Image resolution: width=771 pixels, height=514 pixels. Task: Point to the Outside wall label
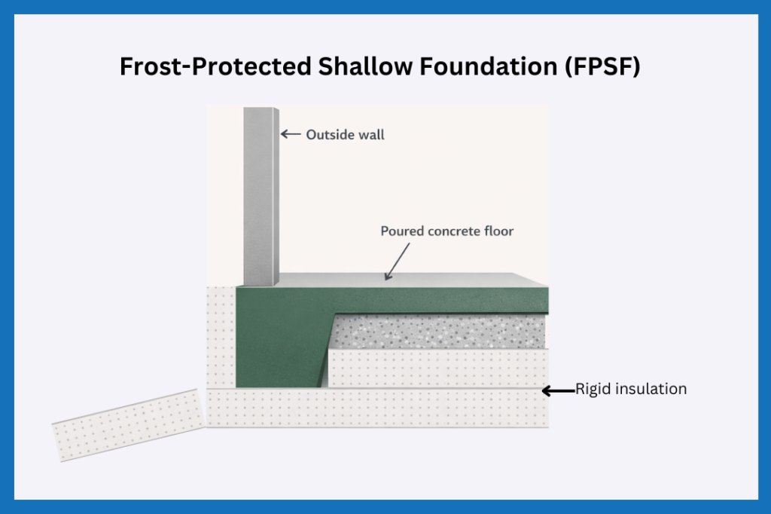(x=345, y=135)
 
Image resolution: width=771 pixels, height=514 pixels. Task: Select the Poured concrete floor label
(x=447, y=231)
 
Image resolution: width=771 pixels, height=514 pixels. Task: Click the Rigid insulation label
(x=631, y=390)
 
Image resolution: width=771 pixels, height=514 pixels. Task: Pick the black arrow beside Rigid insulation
(x=557, y=390)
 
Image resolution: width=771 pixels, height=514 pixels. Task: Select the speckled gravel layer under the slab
(x=440, y=332)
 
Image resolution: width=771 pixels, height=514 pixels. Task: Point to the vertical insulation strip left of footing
(x=221, y=335)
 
